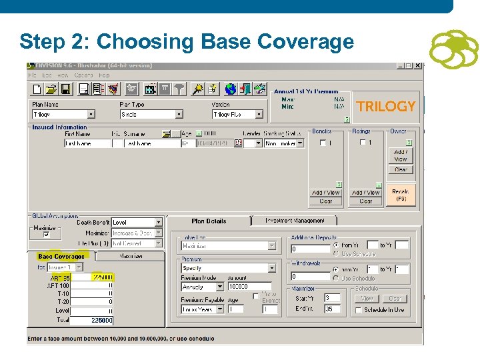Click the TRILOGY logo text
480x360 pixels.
pos(386,107)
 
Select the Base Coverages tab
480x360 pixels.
pos(61,257)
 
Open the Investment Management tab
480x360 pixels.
pos(295,221)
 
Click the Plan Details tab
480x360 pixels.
pos(209,221)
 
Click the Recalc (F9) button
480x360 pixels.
pos(401,195)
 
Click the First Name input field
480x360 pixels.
pos(87,143)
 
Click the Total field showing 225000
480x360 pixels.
pos(92,321)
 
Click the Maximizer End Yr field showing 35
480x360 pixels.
pos(332,309)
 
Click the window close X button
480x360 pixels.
pos(417,66)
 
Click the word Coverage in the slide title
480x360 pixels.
pos(306,42)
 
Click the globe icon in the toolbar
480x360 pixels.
pos(231,89)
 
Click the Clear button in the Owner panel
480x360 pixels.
pos(401,169)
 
